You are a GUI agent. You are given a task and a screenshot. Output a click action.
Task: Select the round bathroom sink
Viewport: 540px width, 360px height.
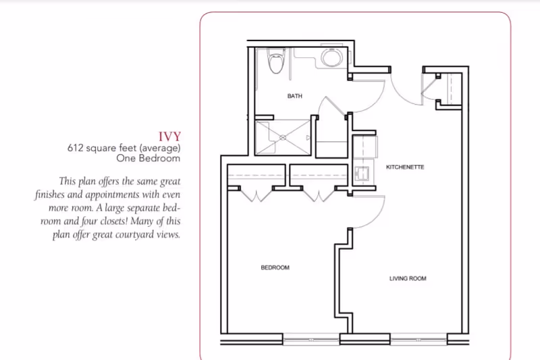[331, 57]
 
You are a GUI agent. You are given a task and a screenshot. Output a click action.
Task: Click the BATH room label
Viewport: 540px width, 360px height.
[294, 97]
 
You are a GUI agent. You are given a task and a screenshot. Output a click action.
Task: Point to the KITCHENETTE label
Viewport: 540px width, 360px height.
[404, 167]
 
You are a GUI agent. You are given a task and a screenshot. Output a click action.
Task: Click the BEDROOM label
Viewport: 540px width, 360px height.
[275, 268]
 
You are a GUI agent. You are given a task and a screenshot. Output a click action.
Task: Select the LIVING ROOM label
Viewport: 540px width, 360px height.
[407, 278]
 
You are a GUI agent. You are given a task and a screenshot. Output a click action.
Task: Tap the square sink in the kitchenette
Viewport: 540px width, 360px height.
[360, 172]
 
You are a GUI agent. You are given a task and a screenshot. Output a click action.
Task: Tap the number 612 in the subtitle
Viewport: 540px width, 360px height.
[74, 147]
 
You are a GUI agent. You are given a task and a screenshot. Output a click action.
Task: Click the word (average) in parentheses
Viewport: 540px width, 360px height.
[160, 147]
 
